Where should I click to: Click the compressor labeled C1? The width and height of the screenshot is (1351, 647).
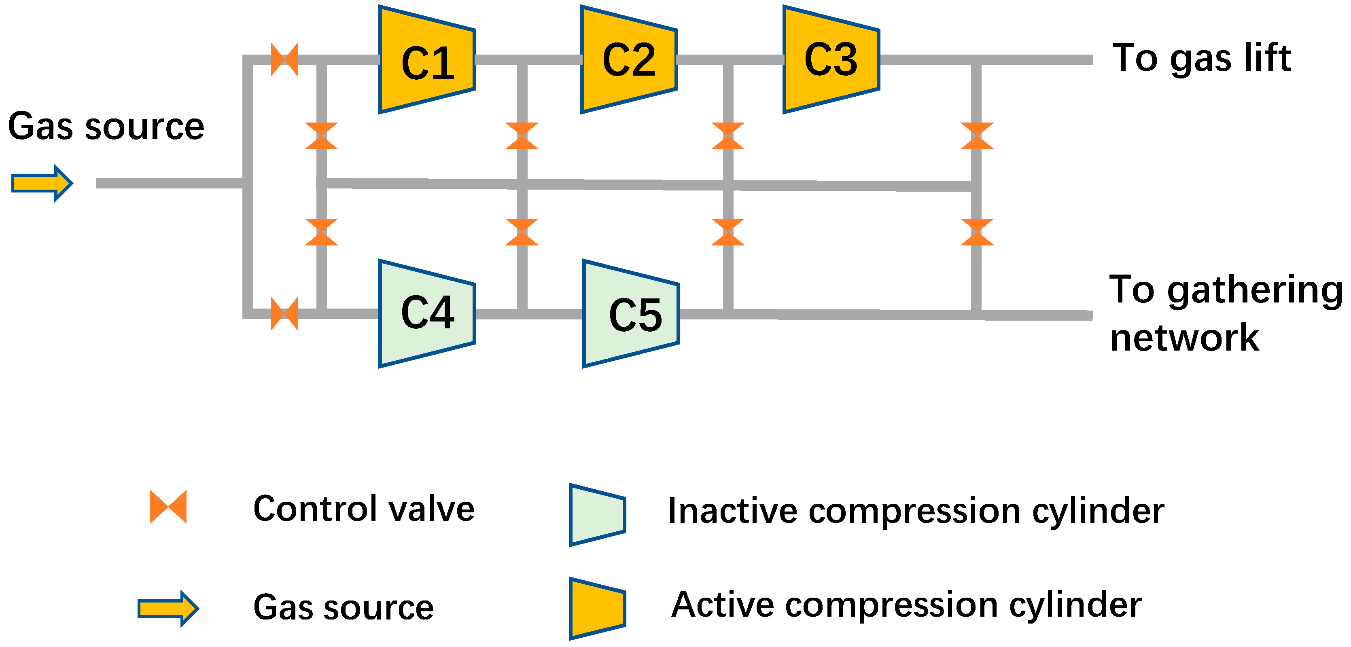coord(426,60)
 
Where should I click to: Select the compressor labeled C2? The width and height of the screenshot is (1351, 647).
coord(628,60)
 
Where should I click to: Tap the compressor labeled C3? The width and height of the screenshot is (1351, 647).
coord(831,60)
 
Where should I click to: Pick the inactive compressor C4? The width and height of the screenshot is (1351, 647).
coord(426,313)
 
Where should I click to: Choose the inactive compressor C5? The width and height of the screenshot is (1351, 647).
coord(630,313)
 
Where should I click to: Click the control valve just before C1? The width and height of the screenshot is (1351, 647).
coord(284,59)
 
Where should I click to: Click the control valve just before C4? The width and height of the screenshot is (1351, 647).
coord(284,313)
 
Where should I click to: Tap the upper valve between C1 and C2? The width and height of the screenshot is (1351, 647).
coord(522,136)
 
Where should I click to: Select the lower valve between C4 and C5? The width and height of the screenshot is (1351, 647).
coord(522,232)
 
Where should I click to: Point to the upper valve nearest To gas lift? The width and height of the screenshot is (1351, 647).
coord(977,136)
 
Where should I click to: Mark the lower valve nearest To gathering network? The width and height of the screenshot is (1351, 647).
coord(977,232)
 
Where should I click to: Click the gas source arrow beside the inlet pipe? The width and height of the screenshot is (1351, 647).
coord(42,184)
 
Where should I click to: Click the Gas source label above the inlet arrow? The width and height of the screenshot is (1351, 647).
coord(106,127)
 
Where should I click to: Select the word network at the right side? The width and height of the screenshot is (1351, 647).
coord(1184,338)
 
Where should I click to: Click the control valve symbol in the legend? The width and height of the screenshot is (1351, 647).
coord(168,507)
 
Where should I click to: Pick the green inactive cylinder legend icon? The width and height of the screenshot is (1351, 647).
coord(597,515)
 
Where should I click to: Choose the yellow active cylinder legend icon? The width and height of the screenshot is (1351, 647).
coord(597,608)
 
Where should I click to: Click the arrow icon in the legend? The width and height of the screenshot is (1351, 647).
coord(168,608)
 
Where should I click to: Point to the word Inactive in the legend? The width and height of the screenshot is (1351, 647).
coord(732,511)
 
